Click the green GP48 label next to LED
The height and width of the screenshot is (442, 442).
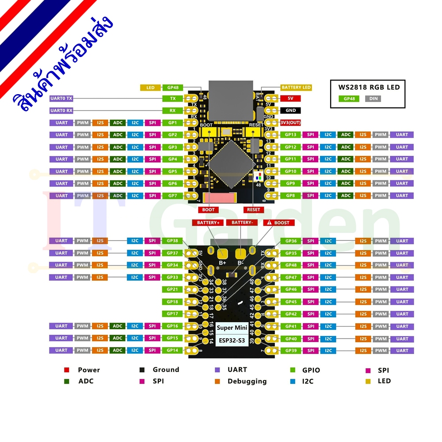coord(172,88)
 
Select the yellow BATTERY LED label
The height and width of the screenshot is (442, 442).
coord(296,88)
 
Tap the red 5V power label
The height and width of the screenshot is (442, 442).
coord(290,98)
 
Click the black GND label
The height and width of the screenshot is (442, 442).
coord(290,110)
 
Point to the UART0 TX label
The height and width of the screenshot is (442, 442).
coord(61,99)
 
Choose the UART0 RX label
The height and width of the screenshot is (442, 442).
coord(61,110)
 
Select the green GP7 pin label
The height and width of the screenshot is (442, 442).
coord(172,195)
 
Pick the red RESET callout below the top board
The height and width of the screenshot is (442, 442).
coord(254,210)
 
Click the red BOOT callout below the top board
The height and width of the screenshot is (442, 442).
coord(208,210)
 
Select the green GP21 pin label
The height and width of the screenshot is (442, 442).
coord(172,290)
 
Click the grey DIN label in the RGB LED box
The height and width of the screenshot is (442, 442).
coord(373,99)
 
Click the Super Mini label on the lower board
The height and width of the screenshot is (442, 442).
coord(232,328)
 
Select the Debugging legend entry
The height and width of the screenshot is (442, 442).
coord(247,381)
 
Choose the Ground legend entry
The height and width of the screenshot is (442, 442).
coord(166,370)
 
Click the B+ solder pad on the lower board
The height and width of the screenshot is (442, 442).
coord(222,254)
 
